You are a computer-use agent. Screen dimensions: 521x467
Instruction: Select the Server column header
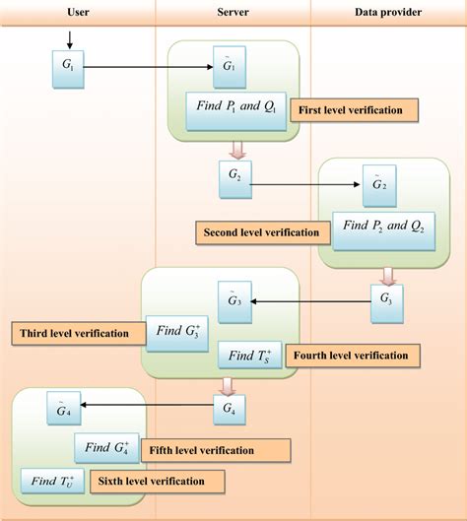pos(233,11)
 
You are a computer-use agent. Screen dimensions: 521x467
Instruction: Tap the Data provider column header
pos(388,11)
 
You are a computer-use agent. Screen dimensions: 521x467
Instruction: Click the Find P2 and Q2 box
pos(384,227)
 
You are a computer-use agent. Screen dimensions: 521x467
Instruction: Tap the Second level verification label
pos(261,233)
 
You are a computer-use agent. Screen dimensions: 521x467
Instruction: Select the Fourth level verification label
pos(353,355)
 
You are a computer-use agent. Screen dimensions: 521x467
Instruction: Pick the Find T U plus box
pos(52,482)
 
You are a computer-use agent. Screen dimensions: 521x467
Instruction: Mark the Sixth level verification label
pos(157,482)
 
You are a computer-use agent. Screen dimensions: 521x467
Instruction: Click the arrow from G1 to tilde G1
pos(148,67)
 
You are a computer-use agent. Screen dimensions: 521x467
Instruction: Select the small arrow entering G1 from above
pos(68,40)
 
